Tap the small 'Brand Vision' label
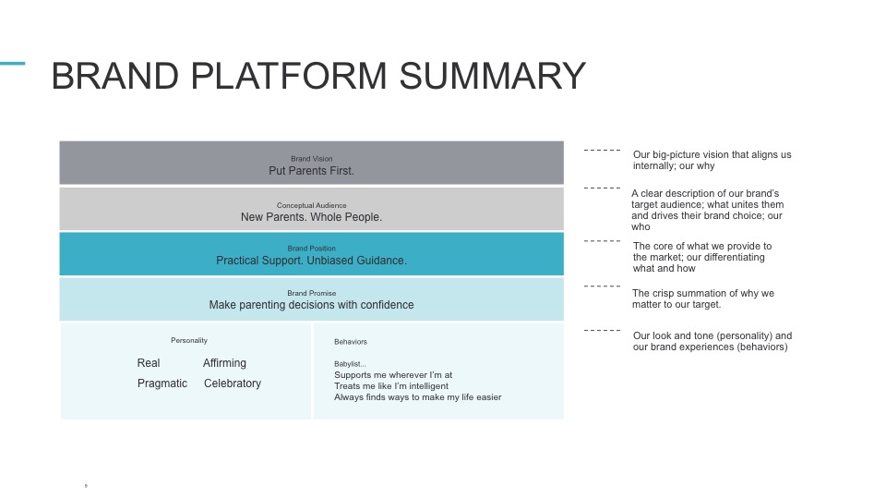coord(311,159)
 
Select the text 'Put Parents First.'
coord(311,171)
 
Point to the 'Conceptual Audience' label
coord(311,205)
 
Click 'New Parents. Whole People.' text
coord(311,217)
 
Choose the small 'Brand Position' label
coord(311,249)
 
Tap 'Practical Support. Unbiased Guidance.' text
coord(311,261)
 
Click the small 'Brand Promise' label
coord(311,293)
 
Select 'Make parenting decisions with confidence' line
coord(311,305)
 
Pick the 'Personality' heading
coord(189,340)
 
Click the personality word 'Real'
coord(149,363)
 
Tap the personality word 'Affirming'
coord(224,363)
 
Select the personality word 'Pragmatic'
coord(162,383)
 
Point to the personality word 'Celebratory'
coord(233,383)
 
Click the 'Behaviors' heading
coord(351,342)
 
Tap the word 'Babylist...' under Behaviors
coord(351,363)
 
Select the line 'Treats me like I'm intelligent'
coord(391,386)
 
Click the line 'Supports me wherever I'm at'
coord(393,375)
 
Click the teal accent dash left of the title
coord(12,64)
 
